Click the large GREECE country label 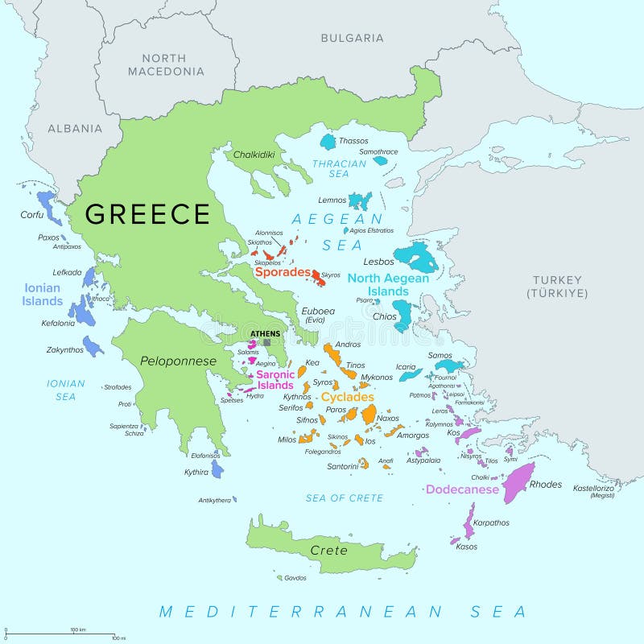coord(147,214)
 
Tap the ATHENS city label coord(266,333)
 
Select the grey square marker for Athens coord(267,342)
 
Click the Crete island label coord(329,551)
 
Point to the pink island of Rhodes coord(518,481)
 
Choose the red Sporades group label coord(283,272)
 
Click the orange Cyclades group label coord(347,397)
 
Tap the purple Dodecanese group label coord(462,489)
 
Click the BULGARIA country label coord(352,38)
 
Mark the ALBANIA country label coord(75,128)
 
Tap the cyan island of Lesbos coord(417,258)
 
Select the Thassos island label coord(353,141)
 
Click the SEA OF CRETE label coord(344,498)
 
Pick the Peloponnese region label coord(178,361)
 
